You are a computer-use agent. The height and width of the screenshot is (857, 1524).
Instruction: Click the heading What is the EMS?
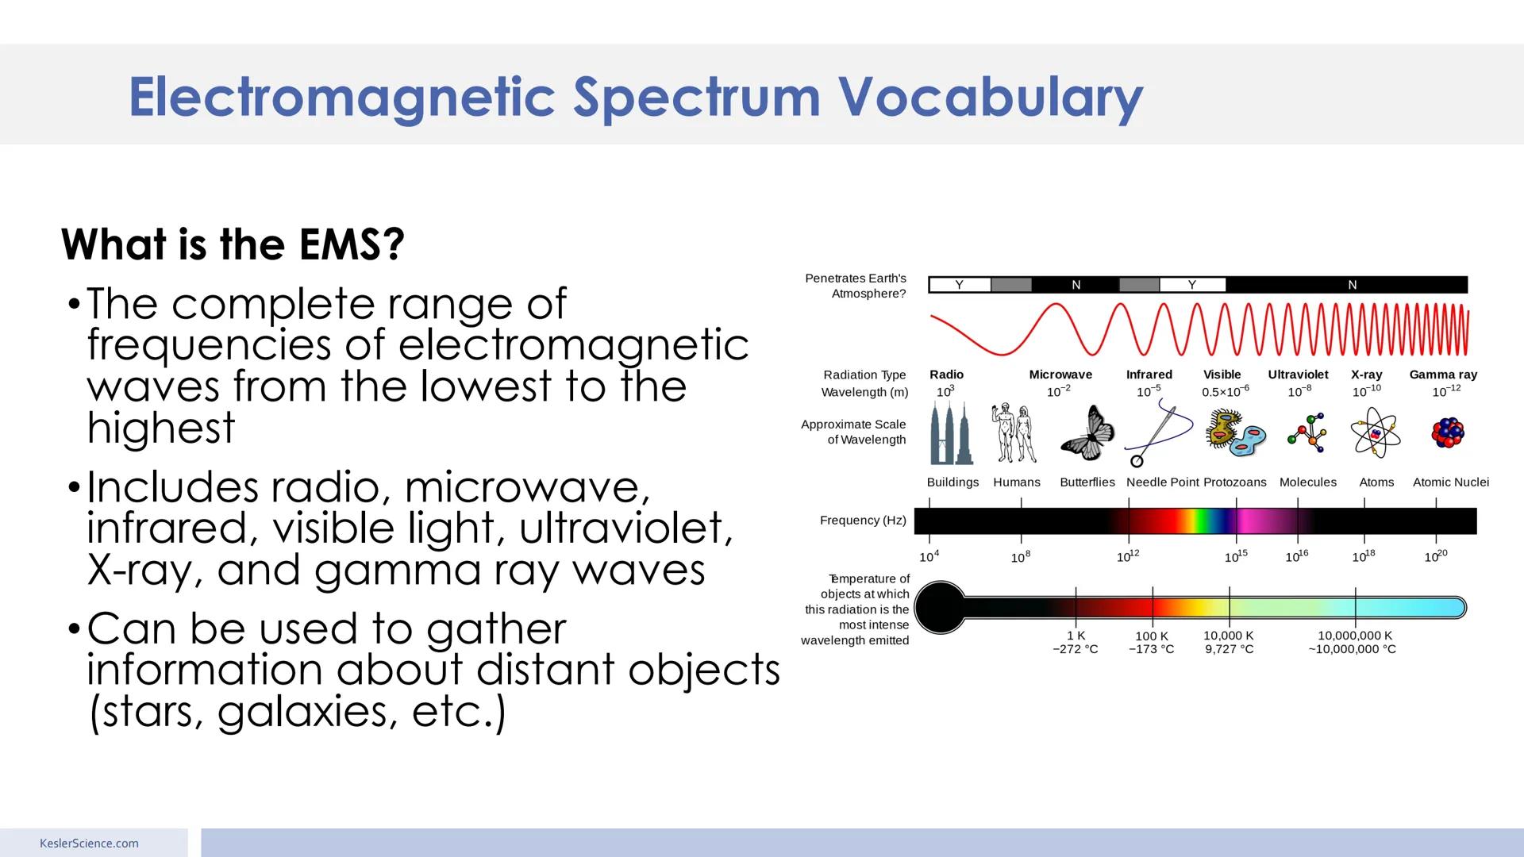pos(233,244)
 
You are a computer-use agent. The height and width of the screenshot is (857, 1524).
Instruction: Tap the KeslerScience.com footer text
pos(89,844)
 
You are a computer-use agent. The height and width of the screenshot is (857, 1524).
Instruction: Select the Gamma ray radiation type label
pos(1443,375)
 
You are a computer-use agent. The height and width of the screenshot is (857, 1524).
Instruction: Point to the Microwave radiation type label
pos(1060,375)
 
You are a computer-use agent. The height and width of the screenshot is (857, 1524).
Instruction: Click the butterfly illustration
pos(1087,434)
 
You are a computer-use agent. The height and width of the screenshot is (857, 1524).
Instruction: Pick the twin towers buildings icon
pos(951,434)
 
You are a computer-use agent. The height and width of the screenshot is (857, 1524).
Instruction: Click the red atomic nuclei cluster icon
pos(1448,433)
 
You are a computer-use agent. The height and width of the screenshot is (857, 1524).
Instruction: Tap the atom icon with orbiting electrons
pos(1375,433)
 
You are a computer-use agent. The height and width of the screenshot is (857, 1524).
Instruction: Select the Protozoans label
pos(1235,482)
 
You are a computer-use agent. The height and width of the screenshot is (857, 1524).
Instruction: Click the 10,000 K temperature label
pos(1229,636)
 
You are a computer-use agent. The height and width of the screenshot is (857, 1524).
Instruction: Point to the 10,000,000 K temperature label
pos(1354,636)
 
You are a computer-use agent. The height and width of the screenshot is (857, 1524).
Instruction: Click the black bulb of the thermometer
pos(940,608)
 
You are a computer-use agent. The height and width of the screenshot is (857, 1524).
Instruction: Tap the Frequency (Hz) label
pos(863,521)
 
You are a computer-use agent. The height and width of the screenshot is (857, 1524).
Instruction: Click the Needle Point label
pos(1162,482)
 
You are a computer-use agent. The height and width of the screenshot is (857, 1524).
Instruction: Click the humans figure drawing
pos(1014,434)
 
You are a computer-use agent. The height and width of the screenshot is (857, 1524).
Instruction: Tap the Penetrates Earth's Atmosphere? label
pos(856,286)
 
